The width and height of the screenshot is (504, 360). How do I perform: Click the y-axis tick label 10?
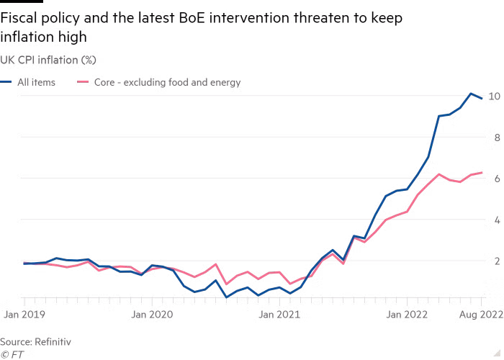pos(494,96)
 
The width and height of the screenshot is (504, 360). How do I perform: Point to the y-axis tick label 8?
pos(498,138)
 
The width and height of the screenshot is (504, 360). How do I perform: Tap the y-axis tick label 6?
pos(498,179)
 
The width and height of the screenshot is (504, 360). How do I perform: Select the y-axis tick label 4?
pos(498,220)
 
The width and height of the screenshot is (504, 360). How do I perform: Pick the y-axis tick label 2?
pos(498,261)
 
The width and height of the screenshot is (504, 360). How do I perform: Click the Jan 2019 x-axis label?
pos(24,314)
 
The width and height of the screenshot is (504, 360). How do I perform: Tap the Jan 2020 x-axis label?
pos(152,314)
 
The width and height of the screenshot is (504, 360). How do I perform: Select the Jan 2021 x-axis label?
pos(279,314)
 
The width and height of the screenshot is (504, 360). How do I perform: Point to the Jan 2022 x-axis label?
pos(407,314)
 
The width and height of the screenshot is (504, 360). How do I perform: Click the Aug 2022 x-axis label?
pos(481,315)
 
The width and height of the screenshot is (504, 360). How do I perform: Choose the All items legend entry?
pos(27,82)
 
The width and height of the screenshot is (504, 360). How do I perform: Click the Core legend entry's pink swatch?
pos(83,82)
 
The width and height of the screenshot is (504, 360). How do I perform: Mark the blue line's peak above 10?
pos(471,94)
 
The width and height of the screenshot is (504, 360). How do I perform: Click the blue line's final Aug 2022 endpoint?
pos(481,99)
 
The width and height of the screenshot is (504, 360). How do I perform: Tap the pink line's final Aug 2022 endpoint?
pos(481,173)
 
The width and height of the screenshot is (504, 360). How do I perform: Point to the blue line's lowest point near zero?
pos(226,297)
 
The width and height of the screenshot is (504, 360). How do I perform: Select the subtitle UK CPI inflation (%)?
pos(48,60)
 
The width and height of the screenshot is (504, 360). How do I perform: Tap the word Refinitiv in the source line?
pos(53,342)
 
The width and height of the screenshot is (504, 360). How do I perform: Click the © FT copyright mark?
pos(12,354)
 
